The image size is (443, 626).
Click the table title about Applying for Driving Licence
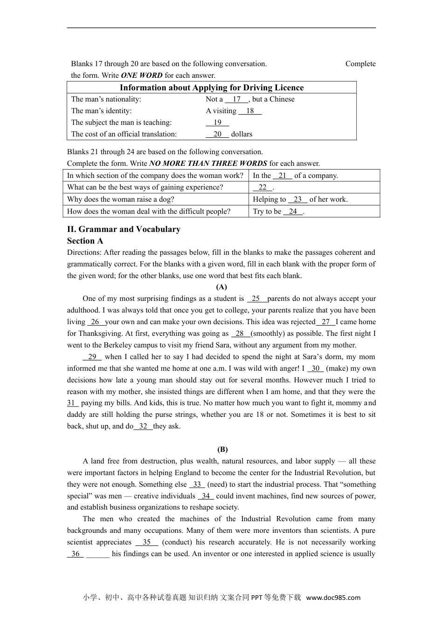click(211, 88)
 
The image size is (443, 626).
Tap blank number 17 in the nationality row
click(236, 99)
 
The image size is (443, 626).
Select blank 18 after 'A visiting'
click(250, 111)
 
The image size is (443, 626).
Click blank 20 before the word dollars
click(217, 134)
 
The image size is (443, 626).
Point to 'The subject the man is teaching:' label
click(121, 122)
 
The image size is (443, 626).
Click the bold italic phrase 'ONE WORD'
click(141, 75)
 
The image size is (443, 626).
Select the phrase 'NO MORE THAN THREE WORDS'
click(208, 163)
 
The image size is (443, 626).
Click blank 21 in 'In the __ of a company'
click(282, 176)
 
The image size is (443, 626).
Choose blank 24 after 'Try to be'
click(293, 211)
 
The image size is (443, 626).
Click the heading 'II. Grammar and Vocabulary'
click(124, 229)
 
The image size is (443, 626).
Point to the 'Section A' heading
click(85, 241)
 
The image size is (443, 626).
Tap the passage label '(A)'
click(221, 287)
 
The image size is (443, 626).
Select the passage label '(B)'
click(222, 449)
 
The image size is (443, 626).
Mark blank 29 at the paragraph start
click(92, 357)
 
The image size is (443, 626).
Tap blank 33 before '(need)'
click(197, 484)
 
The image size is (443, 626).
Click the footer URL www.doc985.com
click(333, 598)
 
